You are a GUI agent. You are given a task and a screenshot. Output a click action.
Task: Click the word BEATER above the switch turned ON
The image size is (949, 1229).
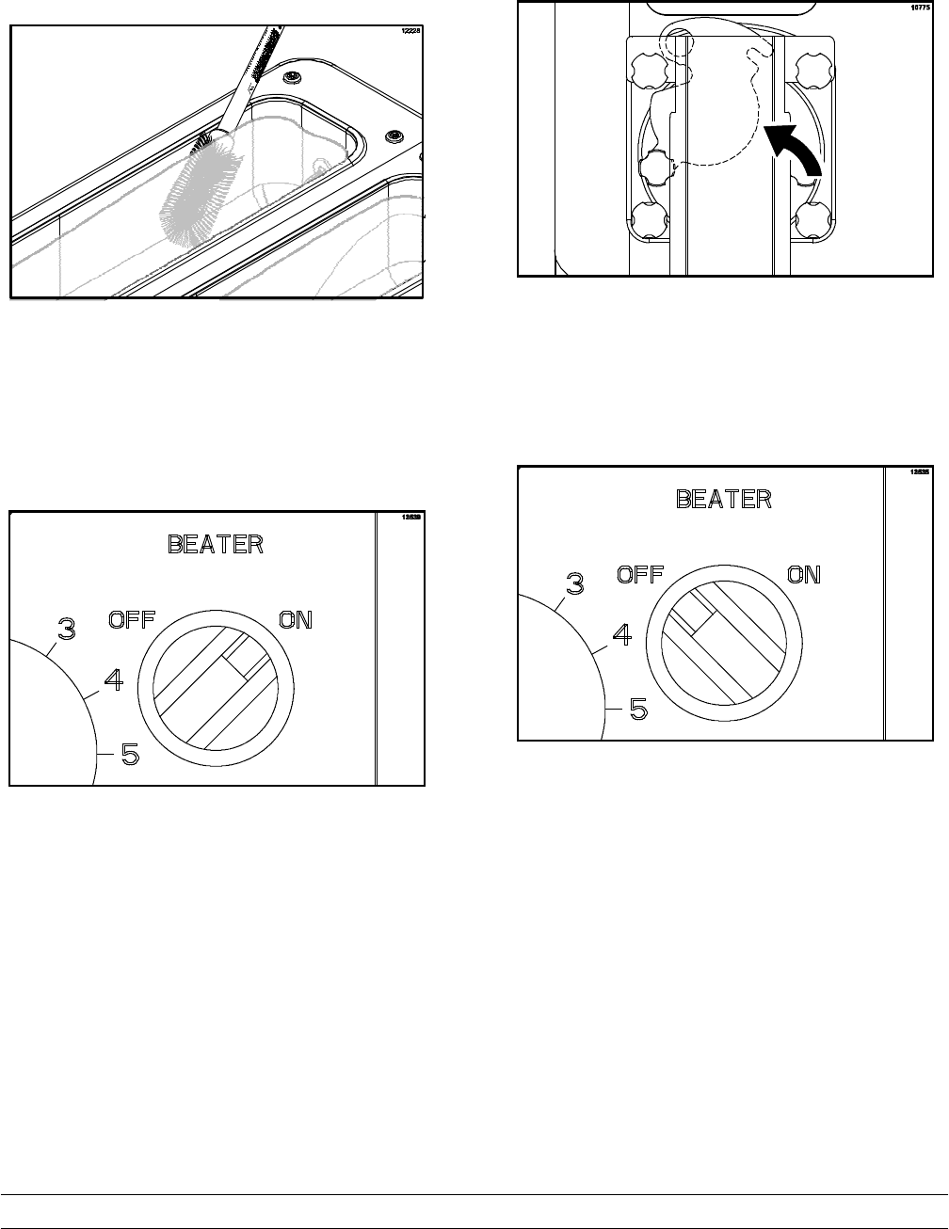point(215,544)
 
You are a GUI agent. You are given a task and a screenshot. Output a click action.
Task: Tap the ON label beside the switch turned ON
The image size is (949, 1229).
point(295,619)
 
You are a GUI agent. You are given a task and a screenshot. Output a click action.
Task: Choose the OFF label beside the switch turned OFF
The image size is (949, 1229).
point(640,574)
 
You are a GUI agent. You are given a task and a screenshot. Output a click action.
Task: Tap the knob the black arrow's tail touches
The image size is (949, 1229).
point(811,224)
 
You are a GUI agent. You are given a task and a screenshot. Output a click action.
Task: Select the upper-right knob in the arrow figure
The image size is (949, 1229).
point(811,68)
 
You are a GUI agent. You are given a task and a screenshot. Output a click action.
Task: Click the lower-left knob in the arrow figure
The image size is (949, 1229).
point(647,224)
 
